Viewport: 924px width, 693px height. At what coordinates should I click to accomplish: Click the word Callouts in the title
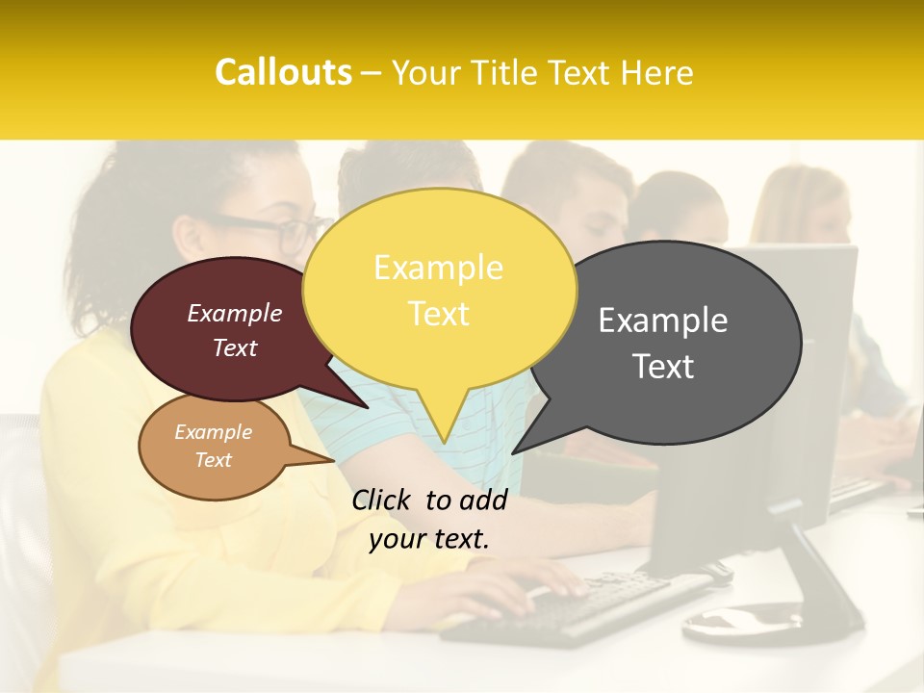click(283, 72)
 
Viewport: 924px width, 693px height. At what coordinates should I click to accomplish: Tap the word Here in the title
click(658, 72)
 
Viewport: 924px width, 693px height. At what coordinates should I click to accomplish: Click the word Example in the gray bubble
click(663, 321)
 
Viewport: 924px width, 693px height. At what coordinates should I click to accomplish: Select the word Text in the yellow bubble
click(439, 314)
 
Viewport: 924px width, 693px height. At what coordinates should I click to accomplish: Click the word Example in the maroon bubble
click(235, 313)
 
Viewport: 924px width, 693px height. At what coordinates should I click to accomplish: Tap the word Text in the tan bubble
click(214, 460)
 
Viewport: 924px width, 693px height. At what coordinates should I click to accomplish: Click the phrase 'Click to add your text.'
click(429, 520)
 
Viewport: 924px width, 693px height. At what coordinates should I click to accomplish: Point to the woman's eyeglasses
click(279, 231)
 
